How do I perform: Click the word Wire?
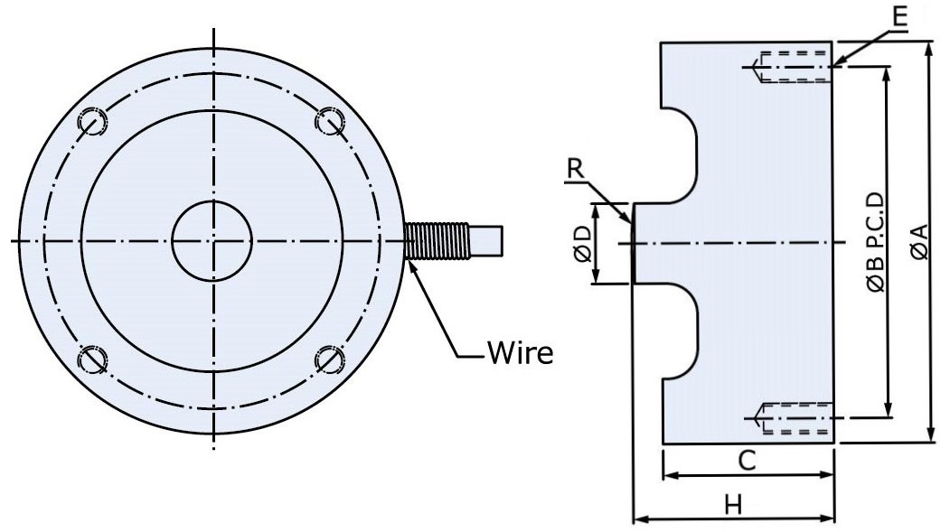pyautogui.click(x=519, y=351)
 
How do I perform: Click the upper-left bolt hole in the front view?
pyautogui.click(x=93, y=122)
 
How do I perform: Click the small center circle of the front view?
pyautogui.click(x=213, y=241)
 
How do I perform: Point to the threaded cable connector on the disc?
pyautogui.click(x=437, y=241)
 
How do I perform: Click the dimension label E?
pyautogui.click(x=893, y=15)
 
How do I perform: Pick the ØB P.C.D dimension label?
pyautogui.click(x=874, y=242)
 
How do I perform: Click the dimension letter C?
pyautogui.click(x=747, y=460)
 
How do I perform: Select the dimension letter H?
pyautogui.click(x=733, y=505)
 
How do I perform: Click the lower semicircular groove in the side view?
pyautogui.click(x=684, y=331)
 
